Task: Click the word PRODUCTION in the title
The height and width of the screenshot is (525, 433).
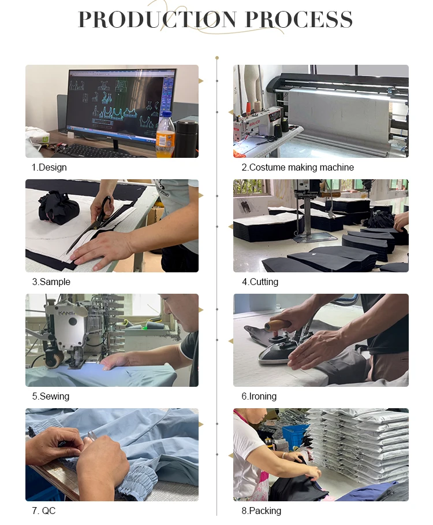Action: pos(158,20)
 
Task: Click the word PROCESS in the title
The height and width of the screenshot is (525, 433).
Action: pos(299,20)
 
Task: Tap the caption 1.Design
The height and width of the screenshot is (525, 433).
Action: pos(49,168)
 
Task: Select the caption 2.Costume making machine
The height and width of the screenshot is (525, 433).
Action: pos(297,168)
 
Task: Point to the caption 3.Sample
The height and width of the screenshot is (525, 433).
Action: pos(51,282)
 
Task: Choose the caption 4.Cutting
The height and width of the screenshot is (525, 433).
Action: pos(260,282)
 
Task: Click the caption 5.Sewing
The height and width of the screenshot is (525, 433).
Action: pos(51,397)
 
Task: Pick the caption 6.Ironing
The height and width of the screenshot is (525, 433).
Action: pos(259,397)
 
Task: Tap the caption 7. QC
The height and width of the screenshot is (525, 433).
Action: pos(44,511)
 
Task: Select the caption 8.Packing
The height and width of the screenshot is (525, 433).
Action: pos(262,511)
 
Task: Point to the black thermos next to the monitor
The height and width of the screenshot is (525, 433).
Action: pos(186,138)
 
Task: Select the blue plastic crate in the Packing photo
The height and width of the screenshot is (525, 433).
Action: pos(294,435)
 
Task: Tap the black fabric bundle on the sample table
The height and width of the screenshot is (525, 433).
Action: pos(59,208)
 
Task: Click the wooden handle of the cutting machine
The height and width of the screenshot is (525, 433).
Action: pos(330,194)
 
